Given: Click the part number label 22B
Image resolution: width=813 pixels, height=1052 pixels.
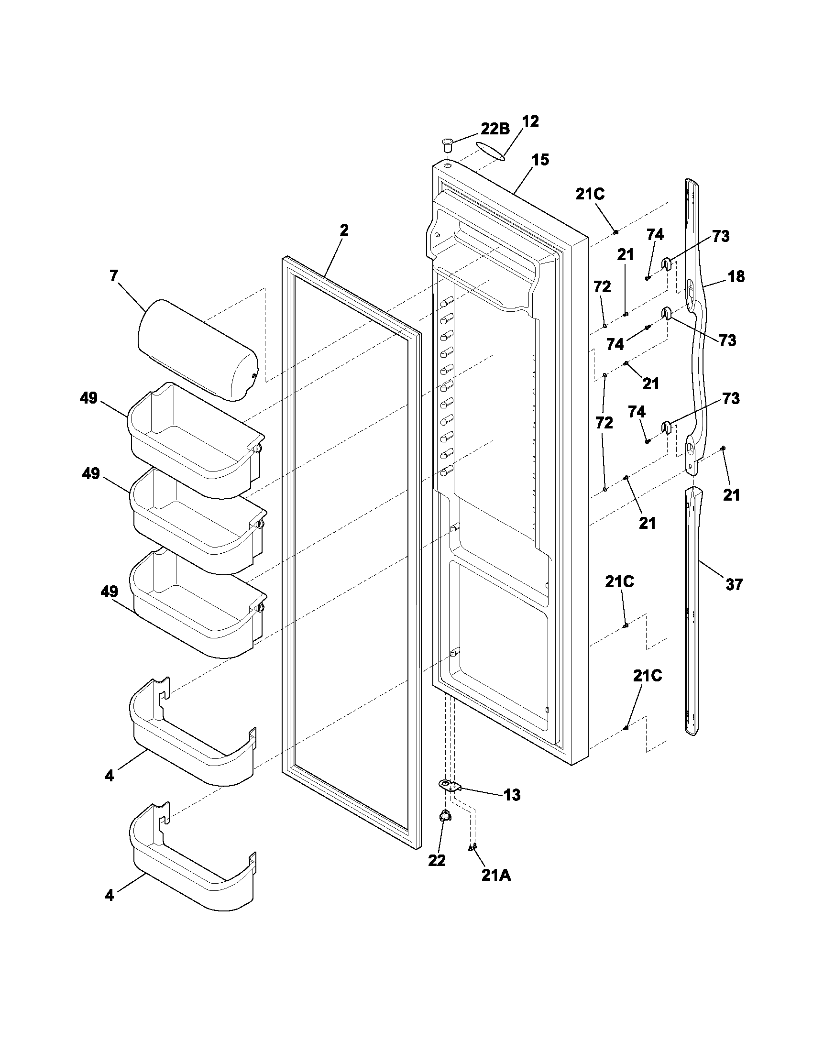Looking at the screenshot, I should pos(495,130).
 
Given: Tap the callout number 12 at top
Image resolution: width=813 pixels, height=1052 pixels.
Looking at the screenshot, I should pos(530,121).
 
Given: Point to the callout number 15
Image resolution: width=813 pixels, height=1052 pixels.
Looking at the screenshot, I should pos(540,160).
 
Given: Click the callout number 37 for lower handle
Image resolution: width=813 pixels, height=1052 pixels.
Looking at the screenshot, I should pos(734,585).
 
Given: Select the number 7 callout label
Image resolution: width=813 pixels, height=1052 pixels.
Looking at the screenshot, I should pos(113,276).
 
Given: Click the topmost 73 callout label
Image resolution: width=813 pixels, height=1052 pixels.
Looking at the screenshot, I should pos(721,237).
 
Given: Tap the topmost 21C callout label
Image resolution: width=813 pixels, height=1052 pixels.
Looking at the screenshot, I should pos(590,194).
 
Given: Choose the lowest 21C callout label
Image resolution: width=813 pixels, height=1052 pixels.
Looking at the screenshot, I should pos(648,676).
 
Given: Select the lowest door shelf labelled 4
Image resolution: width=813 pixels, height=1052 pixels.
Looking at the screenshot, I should pos(193,872).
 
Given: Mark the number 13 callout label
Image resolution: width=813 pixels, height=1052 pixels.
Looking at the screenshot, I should pos(512,795).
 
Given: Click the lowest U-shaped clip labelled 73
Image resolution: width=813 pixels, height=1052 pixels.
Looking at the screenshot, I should pos(666,426).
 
